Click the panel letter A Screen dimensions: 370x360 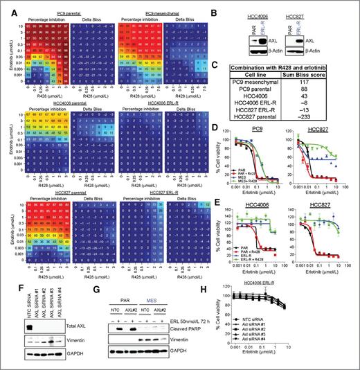(5, 6)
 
